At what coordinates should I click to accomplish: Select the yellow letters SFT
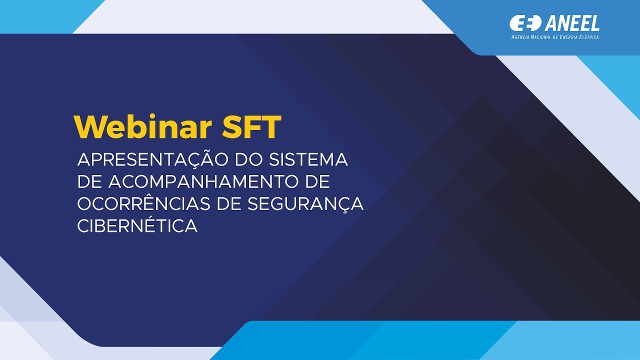(251, 127)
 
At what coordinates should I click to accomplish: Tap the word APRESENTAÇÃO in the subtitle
(152, 160)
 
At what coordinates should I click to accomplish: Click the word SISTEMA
(308, 160)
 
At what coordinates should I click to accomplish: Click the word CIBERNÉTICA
(137, 226)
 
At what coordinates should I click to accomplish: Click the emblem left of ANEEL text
(525, 22)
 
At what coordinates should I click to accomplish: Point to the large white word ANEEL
(572, 23)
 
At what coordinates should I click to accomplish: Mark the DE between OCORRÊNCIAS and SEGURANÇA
(245, 204)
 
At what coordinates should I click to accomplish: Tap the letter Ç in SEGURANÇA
(340, 204)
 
